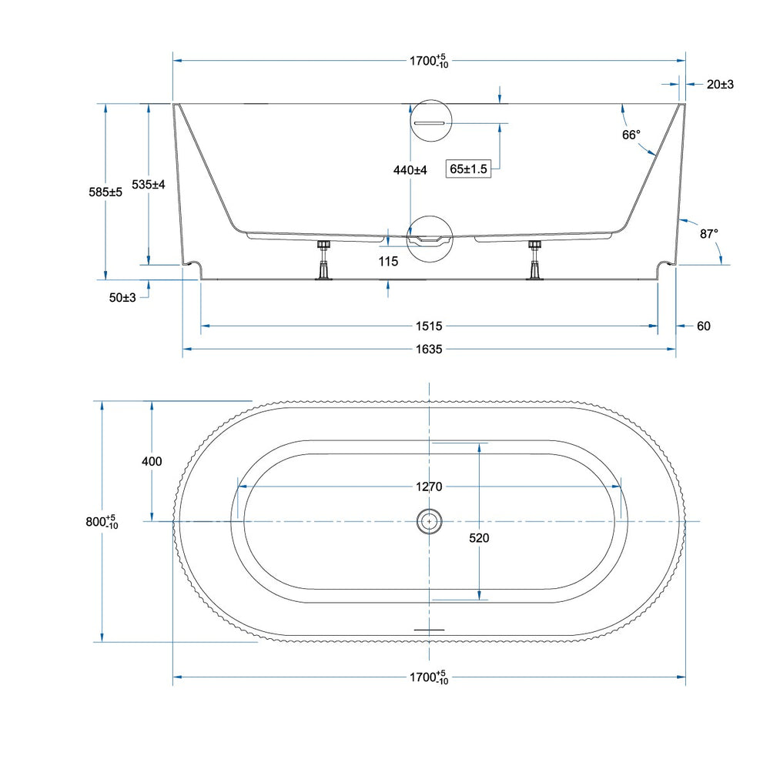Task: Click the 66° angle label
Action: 631,135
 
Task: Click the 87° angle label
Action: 708,234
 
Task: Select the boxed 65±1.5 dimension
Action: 468,169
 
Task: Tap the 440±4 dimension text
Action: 410,170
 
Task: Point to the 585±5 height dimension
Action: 105,192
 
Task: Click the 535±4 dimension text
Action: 149,185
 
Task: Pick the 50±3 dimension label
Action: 122,298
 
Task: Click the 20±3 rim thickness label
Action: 720,85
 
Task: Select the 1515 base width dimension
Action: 429,326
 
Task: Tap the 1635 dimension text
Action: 429,349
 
